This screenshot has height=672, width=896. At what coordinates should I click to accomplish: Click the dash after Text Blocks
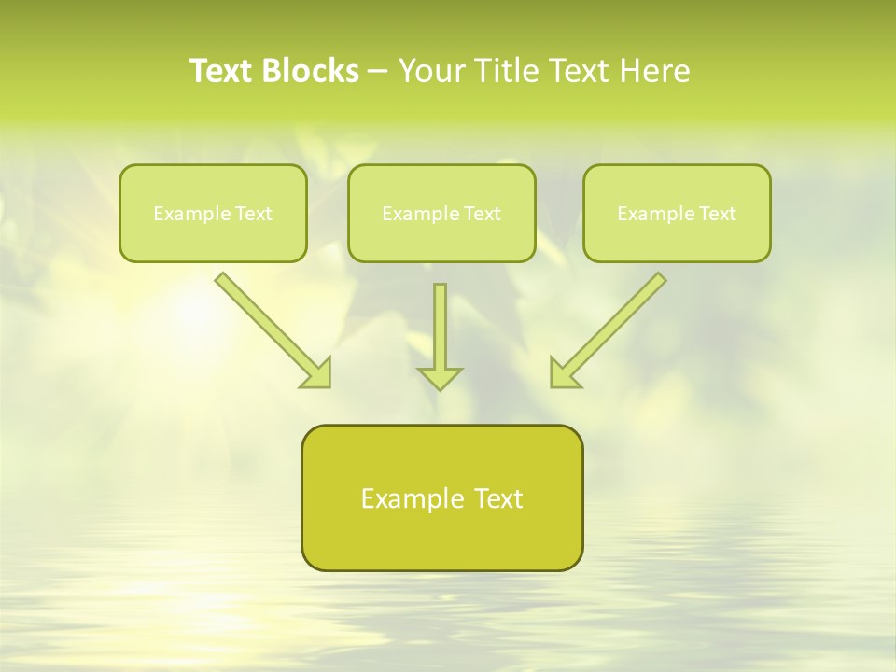click(378, 72)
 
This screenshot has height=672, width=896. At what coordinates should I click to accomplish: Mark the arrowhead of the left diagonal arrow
click(318, 374)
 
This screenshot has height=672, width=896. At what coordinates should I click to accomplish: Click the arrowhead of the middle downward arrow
click(440, 378)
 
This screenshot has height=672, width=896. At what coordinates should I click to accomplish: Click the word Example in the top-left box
click(186, 214)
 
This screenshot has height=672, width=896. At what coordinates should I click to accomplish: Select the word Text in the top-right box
click(718, 214)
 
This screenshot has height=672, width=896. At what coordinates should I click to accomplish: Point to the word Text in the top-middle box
click(483, 214)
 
